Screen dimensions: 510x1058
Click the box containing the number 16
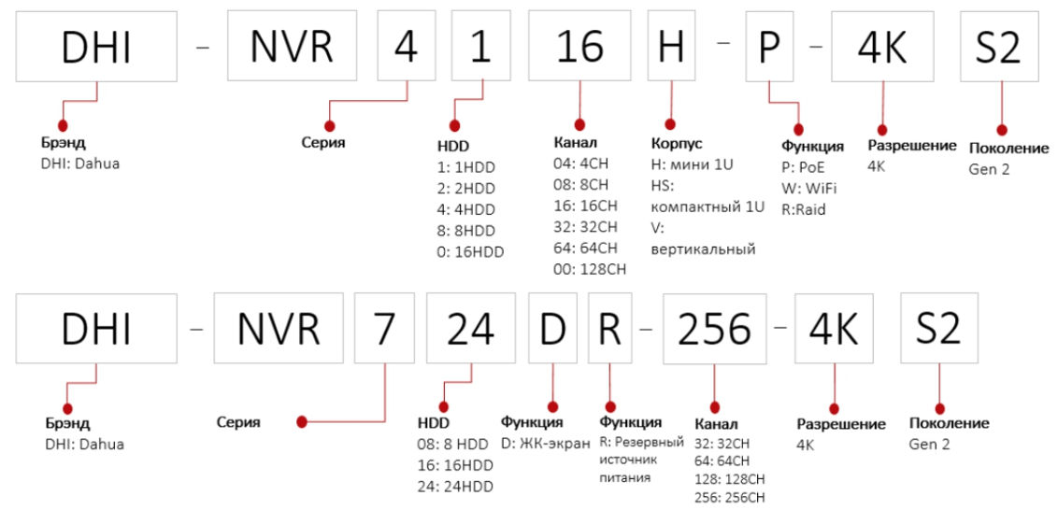point(579,48)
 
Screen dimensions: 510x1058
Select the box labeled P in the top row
point(769,48)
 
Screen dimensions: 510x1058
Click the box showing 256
point(714,328)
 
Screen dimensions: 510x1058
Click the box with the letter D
point(551,328)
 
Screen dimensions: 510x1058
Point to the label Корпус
point(676,144)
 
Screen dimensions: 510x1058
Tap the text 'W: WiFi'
point(808,187)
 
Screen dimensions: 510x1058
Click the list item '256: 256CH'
point(730,496)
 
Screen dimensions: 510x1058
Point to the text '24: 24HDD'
point(454,485)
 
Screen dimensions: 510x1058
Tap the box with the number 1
point(481,48)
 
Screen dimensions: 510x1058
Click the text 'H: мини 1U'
point(692,165)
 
